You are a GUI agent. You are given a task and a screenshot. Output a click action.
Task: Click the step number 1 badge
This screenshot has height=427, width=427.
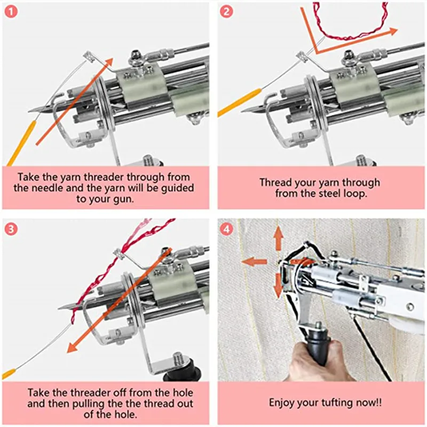[11, 11]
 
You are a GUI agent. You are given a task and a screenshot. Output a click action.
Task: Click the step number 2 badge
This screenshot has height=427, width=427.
[226, 11]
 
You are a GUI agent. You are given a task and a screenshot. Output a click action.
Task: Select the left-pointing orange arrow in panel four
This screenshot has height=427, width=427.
[252, 262]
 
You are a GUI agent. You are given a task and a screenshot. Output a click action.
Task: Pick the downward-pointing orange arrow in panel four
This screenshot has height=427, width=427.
[278, 285]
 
